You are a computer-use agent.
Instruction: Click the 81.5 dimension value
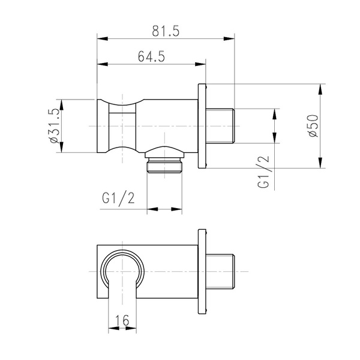pos(166,31)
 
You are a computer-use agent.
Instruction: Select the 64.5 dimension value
pos(151,56)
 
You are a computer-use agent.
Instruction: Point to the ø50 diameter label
pos(314,126)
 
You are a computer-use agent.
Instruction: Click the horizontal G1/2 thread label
pos(118,198)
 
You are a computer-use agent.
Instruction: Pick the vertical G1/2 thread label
pos(263,172)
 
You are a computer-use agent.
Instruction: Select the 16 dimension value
pos(122,320)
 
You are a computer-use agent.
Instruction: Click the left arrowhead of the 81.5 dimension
pos(103,38)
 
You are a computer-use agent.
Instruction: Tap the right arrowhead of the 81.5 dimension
pos(229,38)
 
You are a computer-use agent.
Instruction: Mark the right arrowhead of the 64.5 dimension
pos(200,64)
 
